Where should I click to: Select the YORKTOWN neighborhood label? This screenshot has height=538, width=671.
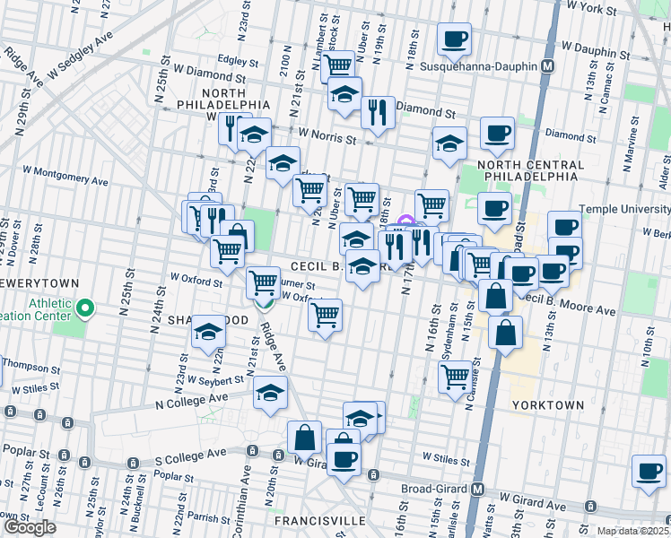click(547, 405)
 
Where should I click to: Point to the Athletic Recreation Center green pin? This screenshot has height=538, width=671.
click(86, 309)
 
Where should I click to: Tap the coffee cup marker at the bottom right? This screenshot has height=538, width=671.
click(649, 471)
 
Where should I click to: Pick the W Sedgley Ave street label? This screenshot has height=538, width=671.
click(82, 53)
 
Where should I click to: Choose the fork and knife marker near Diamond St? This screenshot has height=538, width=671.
click(378, 112)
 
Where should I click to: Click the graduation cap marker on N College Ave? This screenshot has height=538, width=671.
click(270, 393)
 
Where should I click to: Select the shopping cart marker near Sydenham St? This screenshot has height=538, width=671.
click(456, 377)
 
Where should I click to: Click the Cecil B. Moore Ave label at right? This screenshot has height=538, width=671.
click(570, 305)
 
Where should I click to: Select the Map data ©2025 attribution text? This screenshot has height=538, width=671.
click(633, 531)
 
